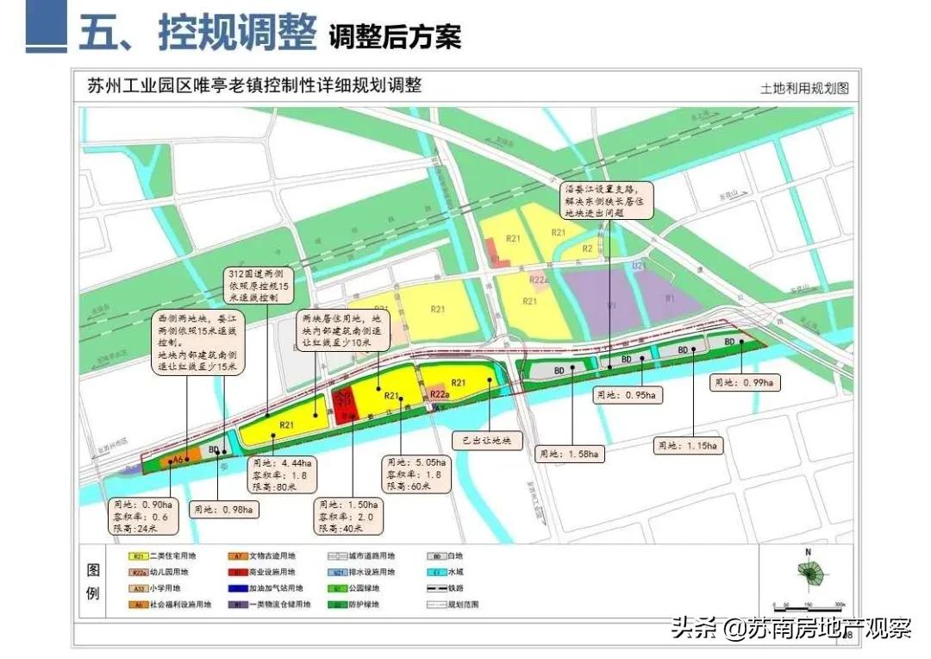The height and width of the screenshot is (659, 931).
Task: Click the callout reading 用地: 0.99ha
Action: coord(745,382)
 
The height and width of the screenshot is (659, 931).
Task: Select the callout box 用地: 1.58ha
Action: coord(570,452)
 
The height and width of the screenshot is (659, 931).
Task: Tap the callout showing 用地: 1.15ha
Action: coord(689,446)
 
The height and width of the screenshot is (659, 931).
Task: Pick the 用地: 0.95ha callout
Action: coord(628,395)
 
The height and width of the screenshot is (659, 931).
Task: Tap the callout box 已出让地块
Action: coord(487,440)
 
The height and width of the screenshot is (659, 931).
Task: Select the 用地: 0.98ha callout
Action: coord(224,509)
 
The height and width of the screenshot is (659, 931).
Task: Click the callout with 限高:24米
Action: coord(144,516)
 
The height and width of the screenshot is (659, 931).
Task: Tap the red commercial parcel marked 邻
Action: coord(345,401)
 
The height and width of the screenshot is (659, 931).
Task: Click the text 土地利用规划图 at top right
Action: coord(804,88)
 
